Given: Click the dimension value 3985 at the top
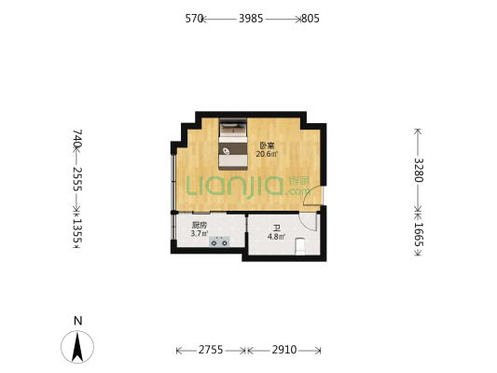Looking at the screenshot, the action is pyautogui.click(x=251, y=19).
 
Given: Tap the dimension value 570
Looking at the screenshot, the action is pyautogui.click(x=194, y=19).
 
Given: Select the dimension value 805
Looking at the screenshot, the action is pyautogui.click(x=311, y=19).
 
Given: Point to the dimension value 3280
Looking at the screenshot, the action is pyautogui.click(x=419, y=170).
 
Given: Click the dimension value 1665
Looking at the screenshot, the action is pyautogui.click(x=419, y=234).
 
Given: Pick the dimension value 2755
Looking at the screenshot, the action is pyautogui.click(x=211, y=350).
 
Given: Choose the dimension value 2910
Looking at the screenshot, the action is pyautogui.click(x=284, y=350).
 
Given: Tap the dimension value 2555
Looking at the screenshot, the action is pyautogui.click(x=77, y=179).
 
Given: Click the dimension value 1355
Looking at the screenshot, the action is pyautogui.click(x=77, y=231).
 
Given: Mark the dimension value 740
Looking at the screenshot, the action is pyautogui.click(x=77, y=138).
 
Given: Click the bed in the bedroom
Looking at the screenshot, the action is pyautogui.click(x=233, y=145).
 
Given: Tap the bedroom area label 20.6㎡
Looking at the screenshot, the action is pyautogui.click(x=267, y=155).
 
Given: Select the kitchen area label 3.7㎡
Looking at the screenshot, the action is pyautogui.click(x=200, y=234).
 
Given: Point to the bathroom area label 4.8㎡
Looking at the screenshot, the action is pyautogui.click(x=276, y=237).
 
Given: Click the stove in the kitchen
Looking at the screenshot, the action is pyautogui.click(x=219, y=242).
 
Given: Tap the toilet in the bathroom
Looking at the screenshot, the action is pyautogui.click(x=300, y=246).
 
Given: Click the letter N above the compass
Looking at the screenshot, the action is pyautogui.click(x=77, y=321).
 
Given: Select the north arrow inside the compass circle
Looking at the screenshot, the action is pyautogui.click(x=77, y=347).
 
